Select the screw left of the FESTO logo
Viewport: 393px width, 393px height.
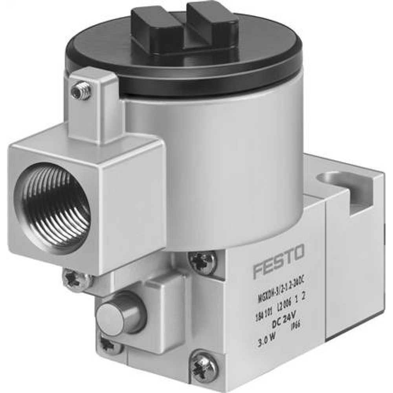pyautogui.click(x=202, y=261)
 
